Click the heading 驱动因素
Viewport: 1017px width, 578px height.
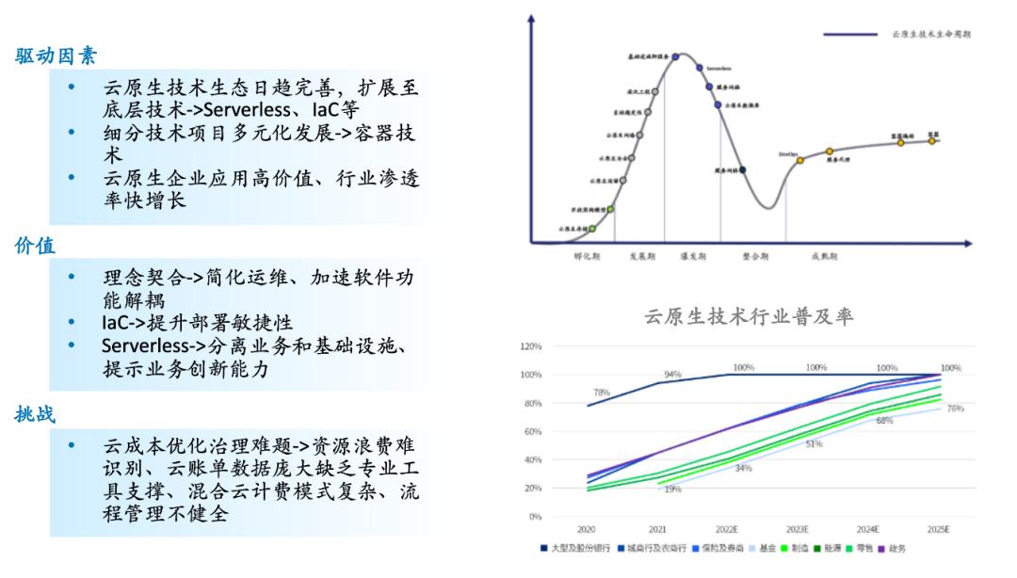coord(56,56)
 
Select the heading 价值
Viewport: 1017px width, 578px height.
coord(35,247)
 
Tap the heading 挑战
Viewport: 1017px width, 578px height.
coord(35,414)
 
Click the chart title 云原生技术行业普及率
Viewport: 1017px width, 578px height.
coord(749,317)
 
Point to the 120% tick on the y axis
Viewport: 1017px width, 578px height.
coord(530,346)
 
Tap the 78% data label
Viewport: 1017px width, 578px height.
coord(602,392)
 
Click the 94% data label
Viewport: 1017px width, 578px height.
coord(672,375)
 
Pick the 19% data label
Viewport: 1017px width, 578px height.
coord(672,490)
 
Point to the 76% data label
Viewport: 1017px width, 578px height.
coord(955,409)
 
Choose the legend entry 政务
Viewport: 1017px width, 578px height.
coord(896,548)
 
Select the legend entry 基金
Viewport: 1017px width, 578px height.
coord(767,548)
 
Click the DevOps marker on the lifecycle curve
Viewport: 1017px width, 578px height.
coord(799,160)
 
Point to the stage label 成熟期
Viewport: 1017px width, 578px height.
coord(825,255)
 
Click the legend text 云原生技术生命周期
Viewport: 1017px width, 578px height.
coord(931,34)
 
